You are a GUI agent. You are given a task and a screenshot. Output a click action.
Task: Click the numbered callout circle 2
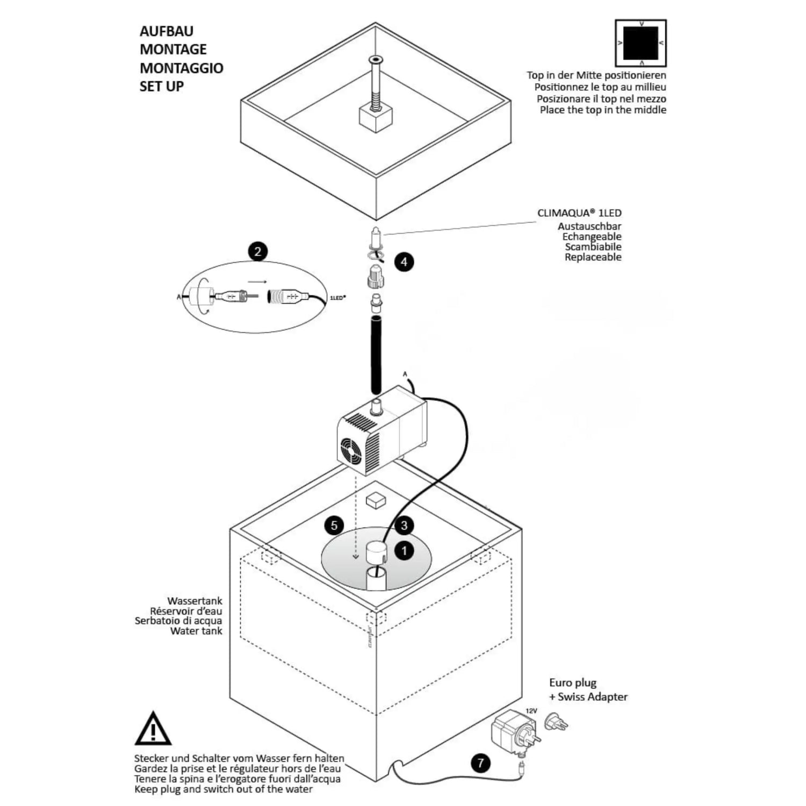tap(258, 251)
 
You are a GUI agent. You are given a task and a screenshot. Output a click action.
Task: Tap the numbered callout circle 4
tap(404, 262)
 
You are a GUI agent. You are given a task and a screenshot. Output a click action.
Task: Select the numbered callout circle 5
tap(334, 524)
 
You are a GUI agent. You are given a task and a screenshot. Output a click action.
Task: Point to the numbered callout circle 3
tap(405, 525)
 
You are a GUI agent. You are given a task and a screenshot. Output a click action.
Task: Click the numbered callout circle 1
tap(404, 550)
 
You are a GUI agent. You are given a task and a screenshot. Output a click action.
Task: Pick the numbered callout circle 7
tap(480, 763)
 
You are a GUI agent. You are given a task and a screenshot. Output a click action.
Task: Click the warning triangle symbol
tap(153, 729)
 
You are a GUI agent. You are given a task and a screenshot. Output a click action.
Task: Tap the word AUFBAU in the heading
tap(167, 31)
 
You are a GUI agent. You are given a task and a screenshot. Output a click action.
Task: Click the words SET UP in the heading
tap(162, 86)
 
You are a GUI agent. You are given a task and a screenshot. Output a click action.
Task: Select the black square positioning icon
tap(640, 43)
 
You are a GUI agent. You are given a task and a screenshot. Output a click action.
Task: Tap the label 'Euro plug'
tap(573, 683)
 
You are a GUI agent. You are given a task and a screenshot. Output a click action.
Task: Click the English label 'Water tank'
tap(196, 631)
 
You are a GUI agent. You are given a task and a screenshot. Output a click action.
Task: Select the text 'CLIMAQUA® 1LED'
tap(579, 213)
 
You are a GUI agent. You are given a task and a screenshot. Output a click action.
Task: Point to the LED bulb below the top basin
tap(376, 236)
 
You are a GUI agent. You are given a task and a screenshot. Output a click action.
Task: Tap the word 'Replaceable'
tap(593, 257)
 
